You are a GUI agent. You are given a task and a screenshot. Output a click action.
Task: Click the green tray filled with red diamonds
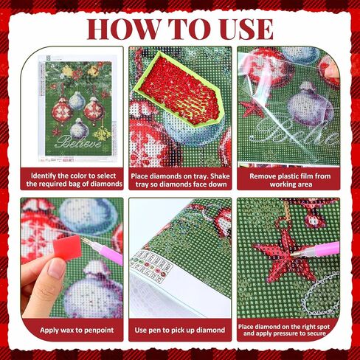(x=179, y=91)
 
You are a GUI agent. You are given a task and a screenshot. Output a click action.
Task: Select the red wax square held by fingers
(x=67, y=246)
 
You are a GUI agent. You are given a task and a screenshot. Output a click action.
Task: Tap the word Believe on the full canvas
(x=79, y=142)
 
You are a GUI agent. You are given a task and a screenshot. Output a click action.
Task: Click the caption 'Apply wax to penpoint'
(x=77, y=330)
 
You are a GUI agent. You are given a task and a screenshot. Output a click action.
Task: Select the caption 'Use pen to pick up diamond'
(x=180, y=330)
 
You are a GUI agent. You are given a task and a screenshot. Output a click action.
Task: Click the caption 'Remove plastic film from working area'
(x=290, y=180)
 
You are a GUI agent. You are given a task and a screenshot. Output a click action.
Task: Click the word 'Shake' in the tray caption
(x=220, y=176)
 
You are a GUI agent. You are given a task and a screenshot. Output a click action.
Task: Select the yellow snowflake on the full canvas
(x=103, y=134)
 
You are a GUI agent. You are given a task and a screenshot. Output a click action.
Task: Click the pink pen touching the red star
(x=316, y=250)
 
